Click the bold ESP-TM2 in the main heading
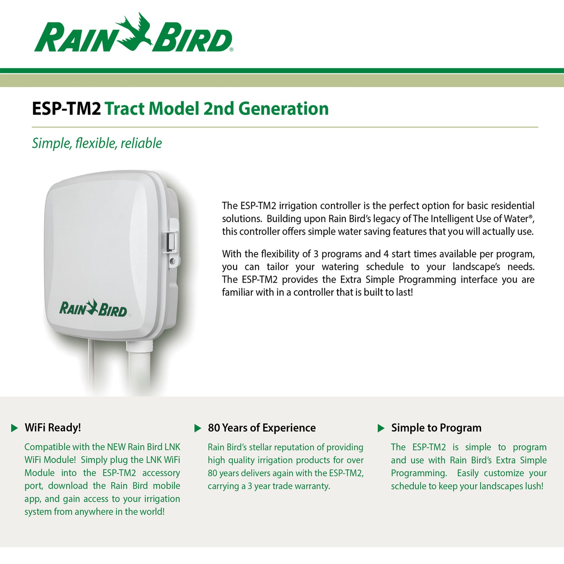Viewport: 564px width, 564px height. (x=66, y=109)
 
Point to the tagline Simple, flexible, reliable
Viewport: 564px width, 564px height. (x=97, y=143)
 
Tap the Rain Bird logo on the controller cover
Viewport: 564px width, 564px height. (x=93, y=308)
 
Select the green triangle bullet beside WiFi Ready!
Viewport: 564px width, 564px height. (x=14, y=428)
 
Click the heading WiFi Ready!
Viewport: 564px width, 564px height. (x=53, y=428)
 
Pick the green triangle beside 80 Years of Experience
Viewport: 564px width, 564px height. (x=198, y=428)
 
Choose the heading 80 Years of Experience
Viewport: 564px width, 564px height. (x=262, y=428)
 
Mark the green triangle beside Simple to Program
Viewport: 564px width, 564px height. (x=381, y=428)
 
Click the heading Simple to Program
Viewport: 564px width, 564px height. (x=436, y=428)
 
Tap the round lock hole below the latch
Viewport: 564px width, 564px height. (x=172, y=260)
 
